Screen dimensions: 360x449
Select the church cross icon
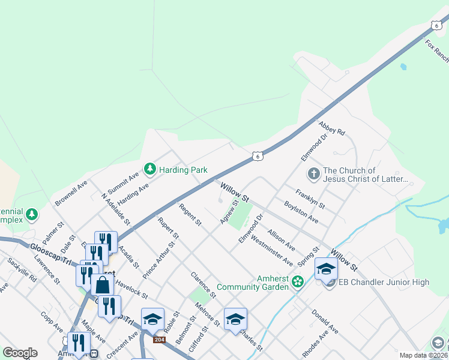point(313,174)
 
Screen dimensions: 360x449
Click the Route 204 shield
point(159,340)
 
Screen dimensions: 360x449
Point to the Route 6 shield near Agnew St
point(257,156)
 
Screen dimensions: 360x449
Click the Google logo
point(20,353)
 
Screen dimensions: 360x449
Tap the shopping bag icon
point(103,284)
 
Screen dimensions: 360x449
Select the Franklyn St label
point(310,199)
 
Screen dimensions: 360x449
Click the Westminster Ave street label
point(272,252)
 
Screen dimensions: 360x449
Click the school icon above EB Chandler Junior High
point(327,269)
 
